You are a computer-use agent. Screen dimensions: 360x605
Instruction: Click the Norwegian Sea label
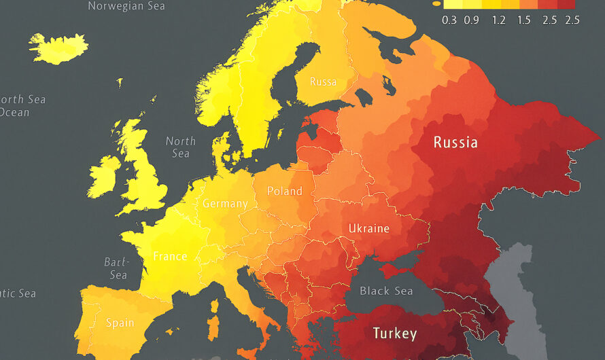tap(126, 6)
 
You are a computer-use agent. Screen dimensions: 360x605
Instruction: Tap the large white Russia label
tap(455, 143)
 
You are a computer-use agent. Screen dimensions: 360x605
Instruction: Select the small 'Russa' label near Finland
tap(323, 82)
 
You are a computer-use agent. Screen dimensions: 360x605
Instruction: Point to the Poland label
tap(284, 191)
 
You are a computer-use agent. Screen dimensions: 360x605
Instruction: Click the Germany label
tap(225, 203)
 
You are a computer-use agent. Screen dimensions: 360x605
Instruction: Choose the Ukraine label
tap(368, 228)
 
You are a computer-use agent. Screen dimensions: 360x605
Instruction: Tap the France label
tap(170, 256)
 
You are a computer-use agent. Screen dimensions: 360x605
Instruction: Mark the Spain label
tap(120, 323)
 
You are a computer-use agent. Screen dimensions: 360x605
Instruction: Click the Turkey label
tap(394, 334)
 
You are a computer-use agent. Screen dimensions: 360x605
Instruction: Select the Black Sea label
tap(386, 291)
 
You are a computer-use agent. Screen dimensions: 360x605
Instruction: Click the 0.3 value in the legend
tap(449, 20)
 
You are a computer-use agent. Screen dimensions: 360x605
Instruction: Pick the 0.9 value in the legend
tap(471, 20)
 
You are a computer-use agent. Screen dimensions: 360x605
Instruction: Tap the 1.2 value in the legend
tap(498, 20)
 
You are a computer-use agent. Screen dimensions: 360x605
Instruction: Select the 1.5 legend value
tap(523, 20)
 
